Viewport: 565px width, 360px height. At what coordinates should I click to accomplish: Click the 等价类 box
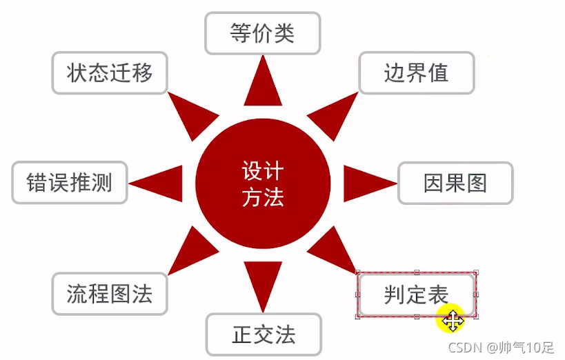[x=263, y=32]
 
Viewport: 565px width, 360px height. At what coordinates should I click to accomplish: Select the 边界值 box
[x=416, y=72]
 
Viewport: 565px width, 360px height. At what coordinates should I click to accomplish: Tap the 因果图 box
[x=455, y=183]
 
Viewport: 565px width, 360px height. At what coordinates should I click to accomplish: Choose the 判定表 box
[x=416, y=294]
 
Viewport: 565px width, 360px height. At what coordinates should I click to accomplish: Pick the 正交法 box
[x=264, y=334]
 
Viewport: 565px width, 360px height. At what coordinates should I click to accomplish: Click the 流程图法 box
[x=110, y=294]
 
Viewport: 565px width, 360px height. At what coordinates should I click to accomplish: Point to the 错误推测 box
[x=70, y=183]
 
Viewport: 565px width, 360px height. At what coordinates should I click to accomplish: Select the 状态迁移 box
[x=110, y=72]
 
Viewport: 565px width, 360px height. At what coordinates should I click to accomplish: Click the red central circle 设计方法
[x=263, y=183]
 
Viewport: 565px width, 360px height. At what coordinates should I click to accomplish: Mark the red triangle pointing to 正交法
[x=263, y=283]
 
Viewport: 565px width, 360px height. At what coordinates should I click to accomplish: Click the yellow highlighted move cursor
[x=453, y=320]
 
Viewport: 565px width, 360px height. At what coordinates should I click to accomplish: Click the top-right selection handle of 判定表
[x=475, y=273]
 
